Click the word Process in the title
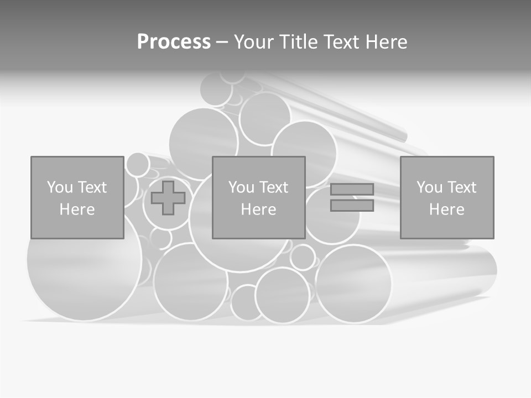click(174, 42)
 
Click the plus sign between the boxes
click(168, 198)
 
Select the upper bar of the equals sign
click(352, 190)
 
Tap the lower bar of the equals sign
click(352, 206)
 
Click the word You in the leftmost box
click(59, 187)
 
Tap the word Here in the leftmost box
click(77, 210)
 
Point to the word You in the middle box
click(241, 187)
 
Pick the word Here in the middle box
click(259, 210)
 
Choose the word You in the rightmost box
click(429, 187)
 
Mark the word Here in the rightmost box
click(447, 210)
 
